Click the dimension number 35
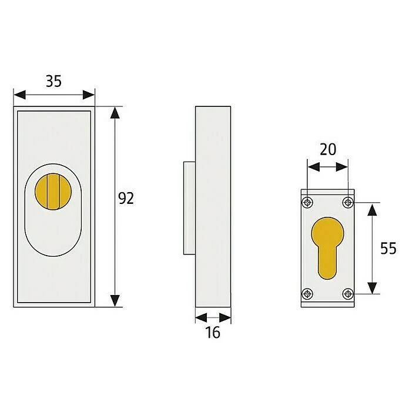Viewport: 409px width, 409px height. pos(53,81)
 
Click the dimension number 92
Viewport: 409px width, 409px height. pos(126,198)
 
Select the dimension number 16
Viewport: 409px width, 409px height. pos(213,333)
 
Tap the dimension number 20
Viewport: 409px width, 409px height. pos(328,150)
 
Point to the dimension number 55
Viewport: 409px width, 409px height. pos(388,248)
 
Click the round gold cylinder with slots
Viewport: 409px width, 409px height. pos(53,192)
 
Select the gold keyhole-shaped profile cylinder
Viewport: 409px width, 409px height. pos(328,248)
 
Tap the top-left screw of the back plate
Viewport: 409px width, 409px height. pos(307,202)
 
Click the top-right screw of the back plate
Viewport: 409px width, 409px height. pos(348,202)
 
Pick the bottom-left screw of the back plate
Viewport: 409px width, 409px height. pos(307,294)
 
